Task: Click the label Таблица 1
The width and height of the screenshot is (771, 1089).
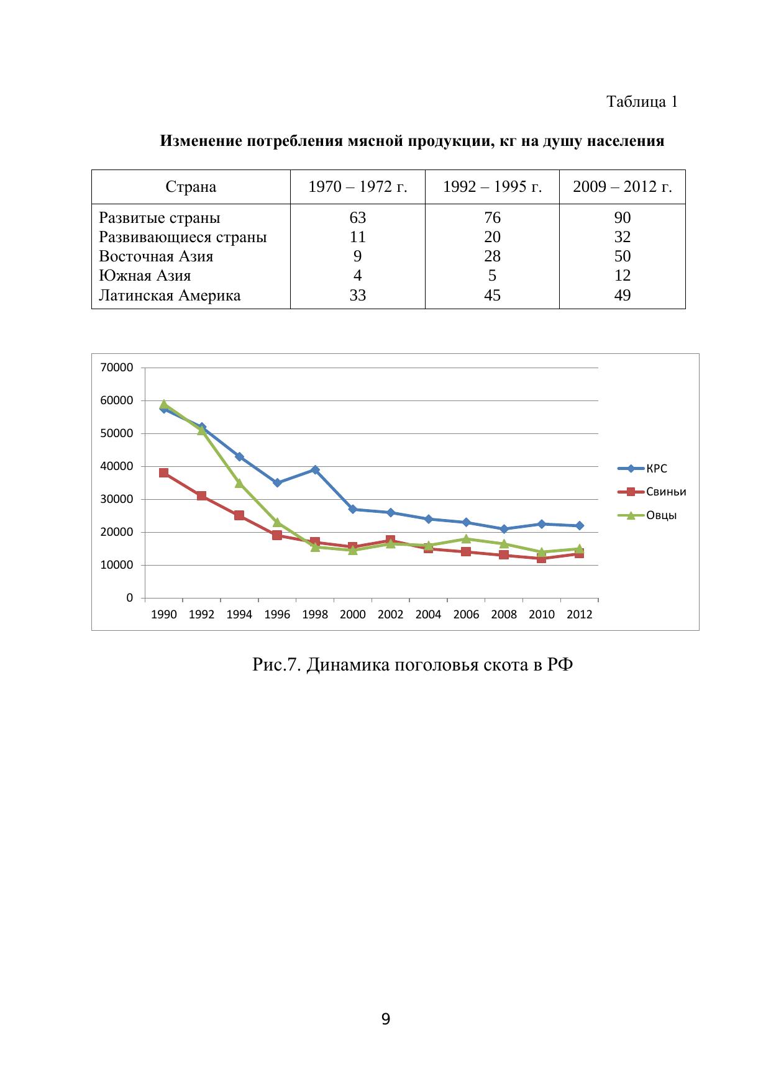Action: (642, 102)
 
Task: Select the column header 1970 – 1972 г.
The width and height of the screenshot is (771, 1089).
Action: (358, 187)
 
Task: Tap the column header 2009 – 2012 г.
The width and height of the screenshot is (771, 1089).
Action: (622, 187)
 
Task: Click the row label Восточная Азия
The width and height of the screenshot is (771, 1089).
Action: (156, 256)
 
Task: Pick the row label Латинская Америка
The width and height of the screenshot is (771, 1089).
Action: (170, 295)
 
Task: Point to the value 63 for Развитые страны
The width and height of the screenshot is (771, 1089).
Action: (358, 218)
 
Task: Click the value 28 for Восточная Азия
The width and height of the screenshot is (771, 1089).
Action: (492, 256)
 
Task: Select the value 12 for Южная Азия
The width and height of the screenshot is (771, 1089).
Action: (622, 276)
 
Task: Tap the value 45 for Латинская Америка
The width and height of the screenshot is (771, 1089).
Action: (492, 295)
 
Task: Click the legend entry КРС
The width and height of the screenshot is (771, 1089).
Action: (657, 469)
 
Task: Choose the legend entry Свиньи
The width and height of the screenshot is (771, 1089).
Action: (666, 492)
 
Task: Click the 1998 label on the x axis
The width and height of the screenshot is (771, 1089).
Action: (315, 615)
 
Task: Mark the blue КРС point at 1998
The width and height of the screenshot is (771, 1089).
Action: (315, 470)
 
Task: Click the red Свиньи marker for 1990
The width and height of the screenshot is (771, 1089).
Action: (164, 473)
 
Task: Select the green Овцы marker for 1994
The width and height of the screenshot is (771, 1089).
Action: (239, 483)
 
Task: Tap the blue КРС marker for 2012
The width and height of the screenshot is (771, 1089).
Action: (579, 526)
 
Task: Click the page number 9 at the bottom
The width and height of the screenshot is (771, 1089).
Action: (385, 1019)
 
